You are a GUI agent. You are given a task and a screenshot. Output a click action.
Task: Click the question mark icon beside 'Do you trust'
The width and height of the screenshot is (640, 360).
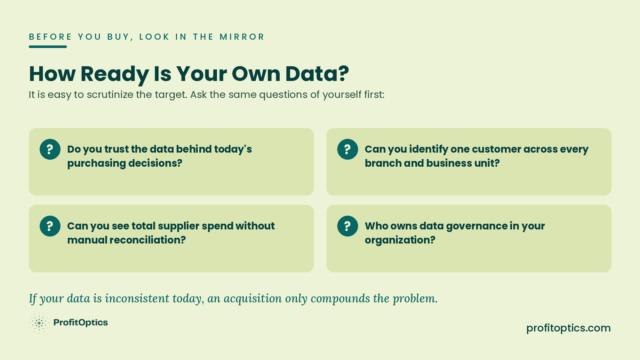(50, 149)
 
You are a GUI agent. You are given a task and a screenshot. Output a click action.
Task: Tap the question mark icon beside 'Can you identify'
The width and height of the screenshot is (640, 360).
(348, 149)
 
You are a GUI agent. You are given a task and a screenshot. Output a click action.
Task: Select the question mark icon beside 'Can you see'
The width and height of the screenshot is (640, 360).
(50, 226)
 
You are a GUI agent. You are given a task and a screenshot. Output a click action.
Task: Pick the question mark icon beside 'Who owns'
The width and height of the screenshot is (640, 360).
(348, 226)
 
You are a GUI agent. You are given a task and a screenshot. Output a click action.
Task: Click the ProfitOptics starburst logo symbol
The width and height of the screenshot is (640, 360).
(39, 323)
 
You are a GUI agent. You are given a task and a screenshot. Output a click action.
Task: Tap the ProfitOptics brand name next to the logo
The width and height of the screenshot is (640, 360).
(81, 323)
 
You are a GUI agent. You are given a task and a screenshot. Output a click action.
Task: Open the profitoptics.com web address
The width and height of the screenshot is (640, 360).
(568, 328)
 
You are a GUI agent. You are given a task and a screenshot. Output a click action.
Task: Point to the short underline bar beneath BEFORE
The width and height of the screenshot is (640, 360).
(48, 47)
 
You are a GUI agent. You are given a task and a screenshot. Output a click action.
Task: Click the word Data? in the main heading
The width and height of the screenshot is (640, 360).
(317, 74)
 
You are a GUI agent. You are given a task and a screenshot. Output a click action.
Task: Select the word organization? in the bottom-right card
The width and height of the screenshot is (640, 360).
(400, 240)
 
